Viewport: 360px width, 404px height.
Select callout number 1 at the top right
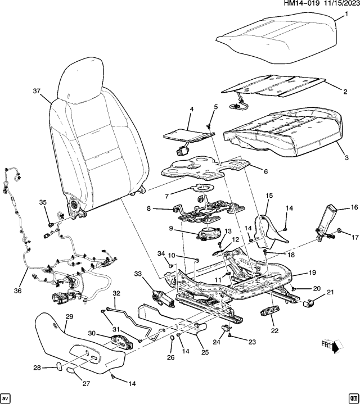coord(346,14)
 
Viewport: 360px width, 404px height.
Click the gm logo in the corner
coord(353,397)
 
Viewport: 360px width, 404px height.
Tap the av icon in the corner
coord(6,397)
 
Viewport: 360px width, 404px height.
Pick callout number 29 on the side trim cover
coord(69,317)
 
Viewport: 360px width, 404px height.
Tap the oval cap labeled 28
coord(58,366)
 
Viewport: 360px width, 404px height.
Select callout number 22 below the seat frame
coord(274,331)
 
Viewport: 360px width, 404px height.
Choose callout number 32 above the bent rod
coord(116,293)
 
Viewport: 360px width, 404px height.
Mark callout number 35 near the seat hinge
coord(42,202)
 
